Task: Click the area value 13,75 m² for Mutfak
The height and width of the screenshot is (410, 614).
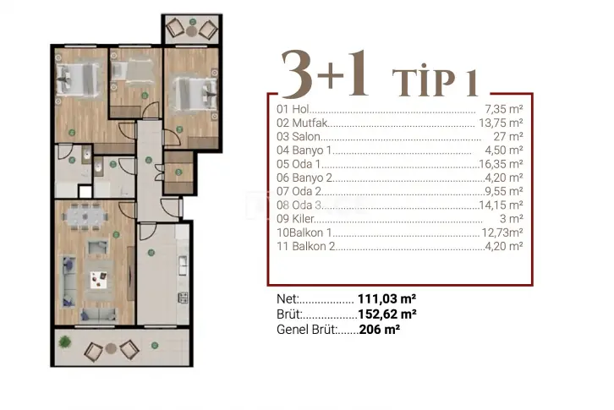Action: [501, 123]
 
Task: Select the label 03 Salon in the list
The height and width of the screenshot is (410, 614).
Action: [299, 137]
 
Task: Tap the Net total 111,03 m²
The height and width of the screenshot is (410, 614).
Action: [386, 299]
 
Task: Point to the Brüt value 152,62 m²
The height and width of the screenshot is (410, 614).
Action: [387, 314]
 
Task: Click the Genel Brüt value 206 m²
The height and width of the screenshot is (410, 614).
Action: [380, 330]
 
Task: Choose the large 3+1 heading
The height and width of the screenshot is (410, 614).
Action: [325, 75]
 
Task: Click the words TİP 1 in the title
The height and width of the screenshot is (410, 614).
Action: [435, 82]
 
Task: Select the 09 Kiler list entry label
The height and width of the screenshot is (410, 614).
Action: [295, 219]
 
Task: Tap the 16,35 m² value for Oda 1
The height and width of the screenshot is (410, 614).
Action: [501, 164]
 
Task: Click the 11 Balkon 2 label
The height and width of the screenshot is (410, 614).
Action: [306, 246]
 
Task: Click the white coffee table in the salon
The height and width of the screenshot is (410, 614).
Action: [99, 280]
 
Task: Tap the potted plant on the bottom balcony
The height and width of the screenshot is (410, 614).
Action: [64, 342]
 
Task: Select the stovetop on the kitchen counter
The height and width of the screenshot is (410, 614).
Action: [184, 298]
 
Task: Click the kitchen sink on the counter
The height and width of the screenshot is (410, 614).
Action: [183, 265]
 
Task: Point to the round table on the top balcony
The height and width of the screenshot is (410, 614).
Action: [191, 31]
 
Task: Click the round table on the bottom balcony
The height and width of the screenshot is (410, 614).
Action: [111, 348]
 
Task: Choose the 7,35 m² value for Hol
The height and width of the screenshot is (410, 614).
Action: [504, 109]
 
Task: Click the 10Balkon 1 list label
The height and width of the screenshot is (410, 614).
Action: [304, 232]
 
